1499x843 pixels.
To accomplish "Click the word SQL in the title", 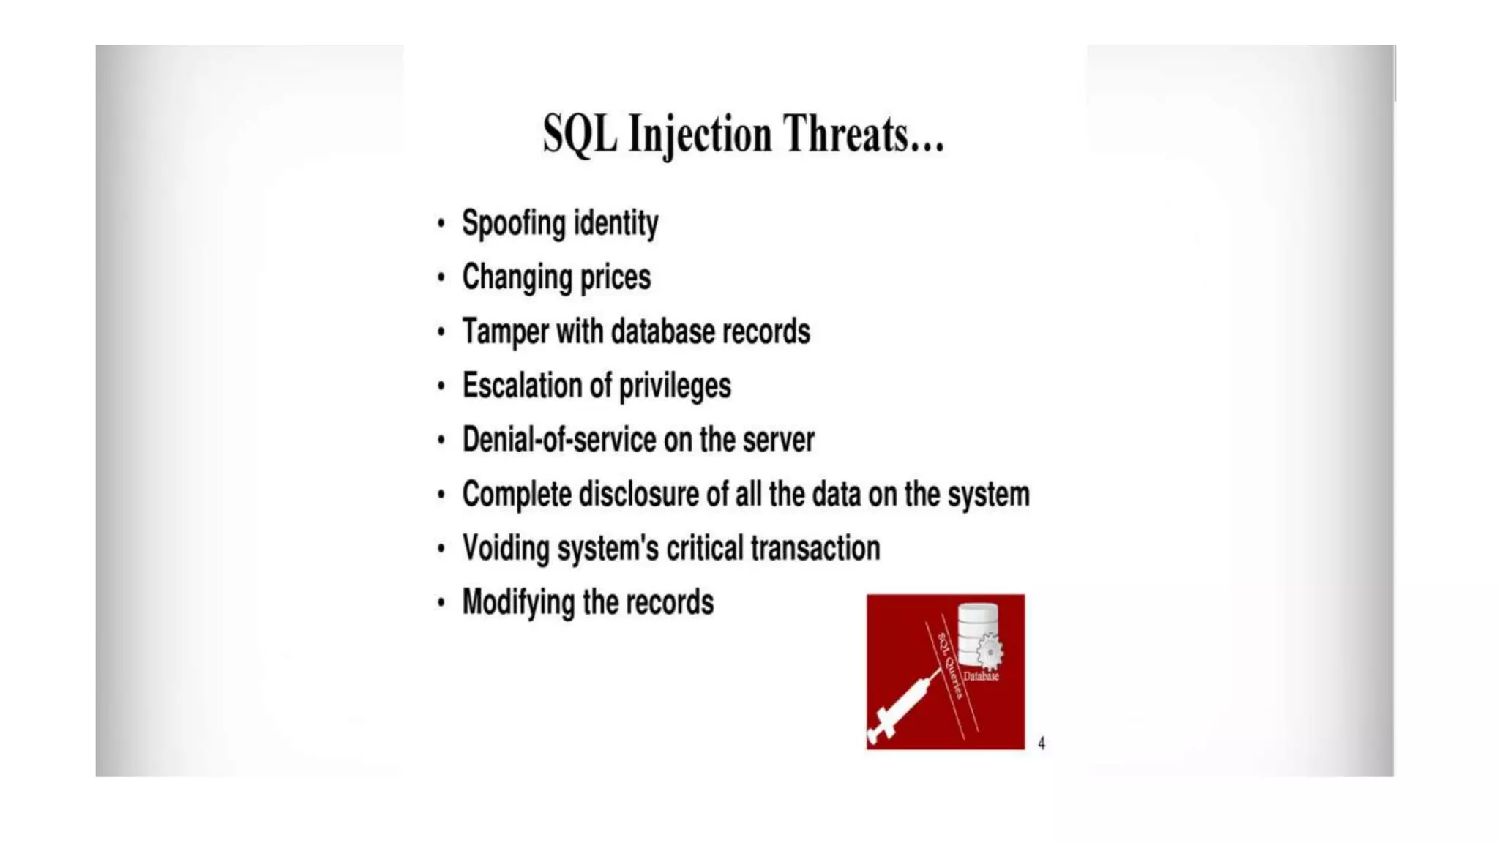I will [x=580, y=135].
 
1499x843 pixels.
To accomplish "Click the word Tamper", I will [x=505, y=331].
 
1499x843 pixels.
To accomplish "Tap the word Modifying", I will [x=518, y=603].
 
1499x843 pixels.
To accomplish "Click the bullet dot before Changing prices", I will [x=441, y=277].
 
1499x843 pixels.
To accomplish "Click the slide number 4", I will [x=1042, y=743].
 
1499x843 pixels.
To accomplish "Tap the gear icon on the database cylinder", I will [x=990, y=651].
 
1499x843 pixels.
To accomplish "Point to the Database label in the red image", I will [x=981, y=676].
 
